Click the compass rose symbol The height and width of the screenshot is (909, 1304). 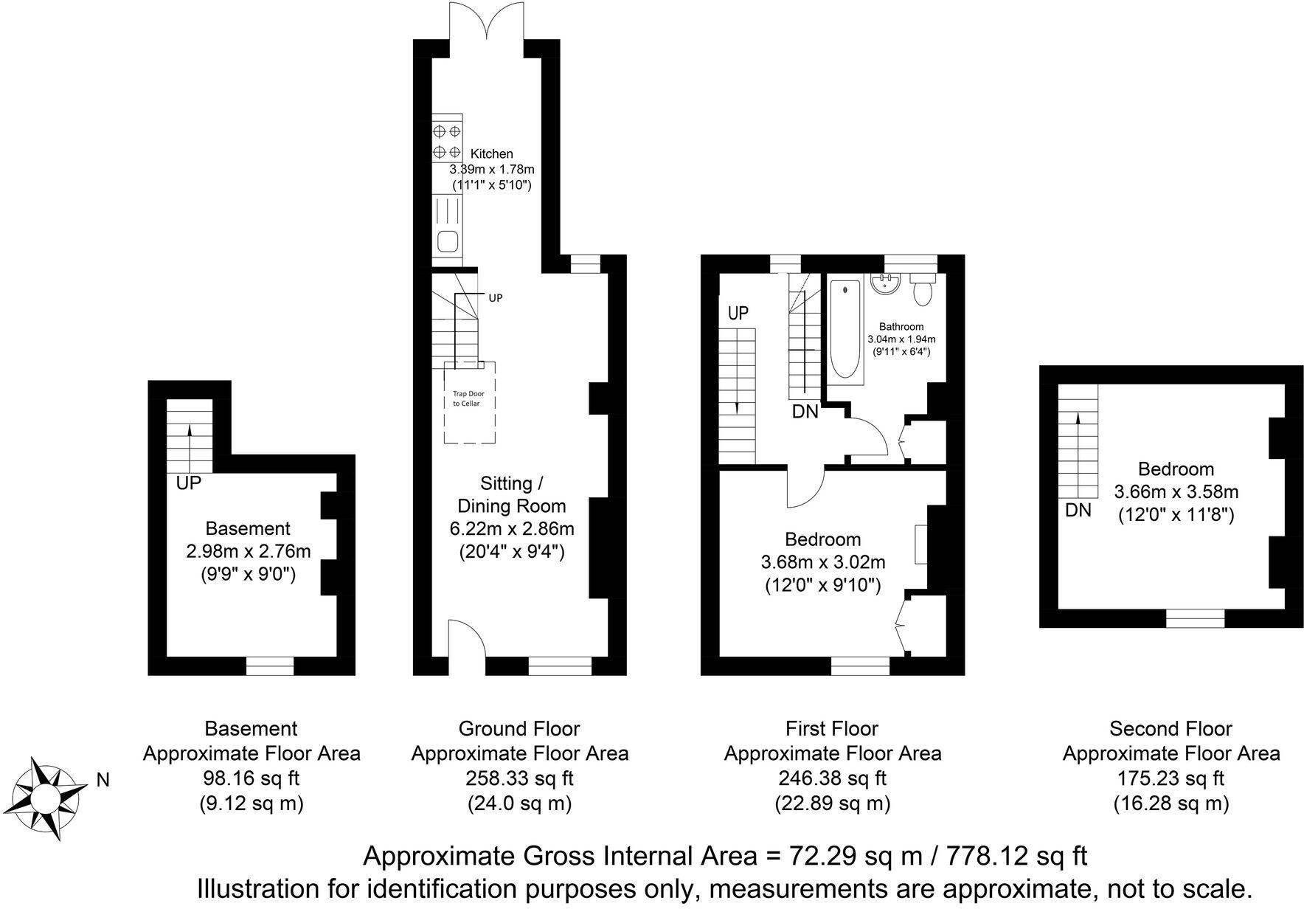pos(46,798)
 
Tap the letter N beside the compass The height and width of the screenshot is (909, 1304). pos(103,780)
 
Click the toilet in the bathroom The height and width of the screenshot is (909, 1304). pos(923,289)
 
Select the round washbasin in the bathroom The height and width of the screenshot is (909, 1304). pos(884,284)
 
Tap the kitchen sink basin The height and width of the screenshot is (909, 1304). pos(447,241)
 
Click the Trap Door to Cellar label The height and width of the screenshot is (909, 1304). pos(468,399)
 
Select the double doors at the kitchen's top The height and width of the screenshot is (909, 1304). pos(487,22)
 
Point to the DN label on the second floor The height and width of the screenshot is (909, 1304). pos(1078,510)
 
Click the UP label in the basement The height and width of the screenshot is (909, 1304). pos(189,483)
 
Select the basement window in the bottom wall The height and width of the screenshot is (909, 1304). pos(269,666)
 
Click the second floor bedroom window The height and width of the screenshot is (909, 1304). pos(1195,618)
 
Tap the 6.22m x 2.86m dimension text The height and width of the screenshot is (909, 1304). pos(512,528)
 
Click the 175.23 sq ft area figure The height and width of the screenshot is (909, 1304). pos(1171,778)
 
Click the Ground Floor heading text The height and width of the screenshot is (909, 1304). pos(519,729)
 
